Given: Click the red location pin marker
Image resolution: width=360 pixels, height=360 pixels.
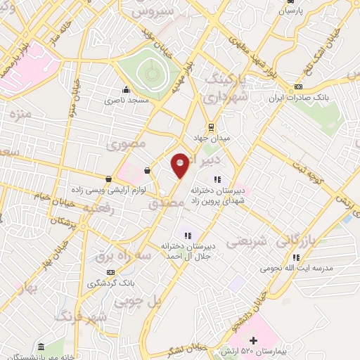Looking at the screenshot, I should pos(181,165).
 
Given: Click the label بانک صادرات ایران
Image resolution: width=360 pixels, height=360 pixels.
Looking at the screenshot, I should pos(299,98).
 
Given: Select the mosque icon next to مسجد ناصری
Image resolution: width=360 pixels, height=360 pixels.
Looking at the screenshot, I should pos(126,89).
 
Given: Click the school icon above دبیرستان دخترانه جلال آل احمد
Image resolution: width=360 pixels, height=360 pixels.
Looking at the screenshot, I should pos(187,236).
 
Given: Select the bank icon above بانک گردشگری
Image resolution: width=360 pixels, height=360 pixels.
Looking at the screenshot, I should pos(110,272).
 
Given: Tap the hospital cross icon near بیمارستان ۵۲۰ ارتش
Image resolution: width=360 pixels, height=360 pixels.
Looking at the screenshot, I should pos(264,342).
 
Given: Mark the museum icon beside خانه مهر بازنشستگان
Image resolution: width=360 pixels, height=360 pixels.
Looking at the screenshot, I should pos(41,348).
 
